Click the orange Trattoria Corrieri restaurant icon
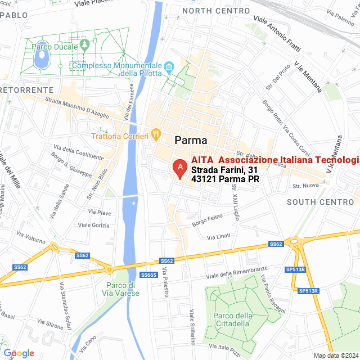tap(156, 135)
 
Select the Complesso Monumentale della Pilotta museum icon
tap(169, 69)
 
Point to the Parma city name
tap(191, 140)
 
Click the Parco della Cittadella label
tap(232, 319)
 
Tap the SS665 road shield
tap(148, 274)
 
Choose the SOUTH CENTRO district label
tap(313, 201)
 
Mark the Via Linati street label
tap(219, 238)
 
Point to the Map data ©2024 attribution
tap(335, 355)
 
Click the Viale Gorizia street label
tap(94, 225)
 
